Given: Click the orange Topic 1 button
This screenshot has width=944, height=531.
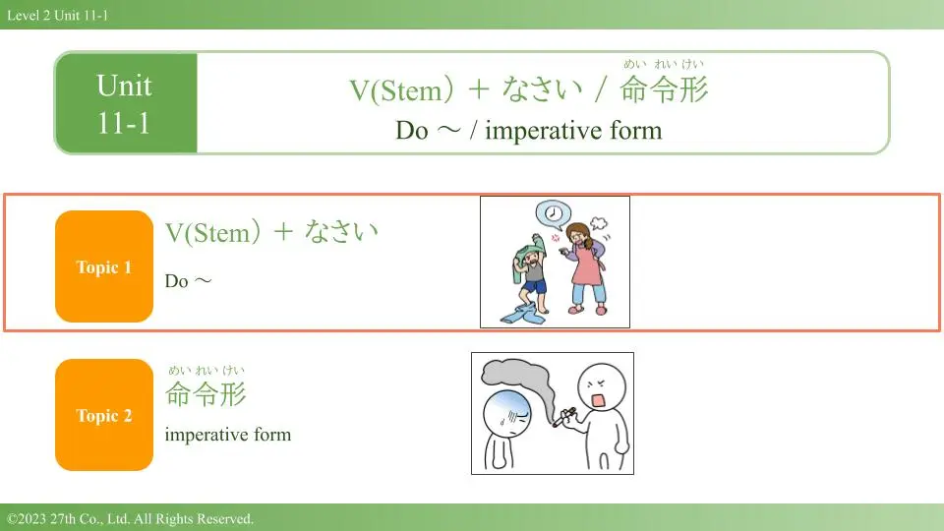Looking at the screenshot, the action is coord(104,266).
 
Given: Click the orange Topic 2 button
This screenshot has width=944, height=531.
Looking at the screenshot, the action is coord(104,415).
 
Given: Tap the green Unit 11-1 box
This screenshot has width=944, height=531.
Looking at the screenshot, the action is coord(126,103).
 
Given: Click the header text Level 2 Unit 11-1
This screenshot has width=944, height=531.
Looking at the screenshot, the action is coord(58,16).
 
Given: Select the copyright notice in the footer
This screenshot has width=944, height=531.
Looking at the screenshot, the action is coord(130,518).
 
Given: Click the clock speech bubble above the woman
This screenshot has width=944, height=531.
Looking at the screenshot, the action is coord(553,213).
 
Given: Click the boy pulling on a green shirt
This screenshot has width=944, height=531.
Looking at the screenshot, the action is coord(530,274).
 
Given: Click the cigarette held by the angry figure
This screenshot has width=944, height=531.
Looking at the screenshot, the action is coord(564,417).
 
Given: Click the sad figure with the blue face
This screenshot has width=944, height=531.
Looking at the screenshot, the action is coord(505,428).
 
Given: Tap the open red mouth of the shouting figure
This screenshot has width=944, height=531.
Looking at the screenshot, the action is coord(599,400).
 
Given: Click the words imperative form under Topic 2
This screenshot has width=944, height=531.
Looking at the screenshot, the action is coord(227,434).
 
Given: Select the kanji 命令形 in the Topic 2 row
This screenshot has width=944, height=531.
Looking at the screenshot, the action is coord(206,393).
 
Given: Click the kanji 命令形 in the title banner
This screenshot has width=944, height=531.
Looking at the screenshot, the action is coord(664,89).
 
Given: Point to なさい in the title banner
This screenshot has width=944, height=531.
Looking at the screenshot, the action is coord(543,89).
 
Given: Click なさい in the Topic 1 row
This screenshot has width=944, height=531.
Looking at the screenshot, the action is coord(341,231).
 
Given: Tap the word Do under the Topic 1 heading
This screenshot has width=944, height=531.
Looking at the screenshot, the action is coord(176,281).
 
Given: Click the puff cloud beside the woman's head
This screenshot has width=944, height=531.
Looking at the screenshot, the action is coord(599,223).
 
